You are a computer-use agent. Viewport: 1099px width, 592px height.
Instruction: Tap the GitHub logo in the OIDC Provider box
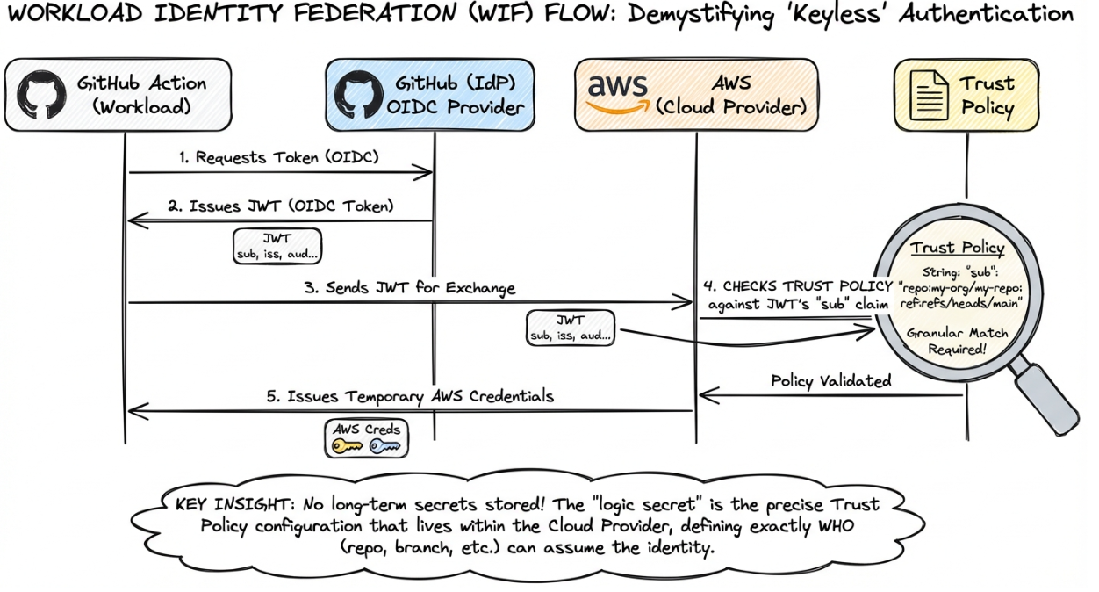point(360,95)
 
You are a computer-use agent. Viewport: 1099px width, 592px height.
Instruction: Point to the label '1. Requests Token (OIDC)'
point(281,158)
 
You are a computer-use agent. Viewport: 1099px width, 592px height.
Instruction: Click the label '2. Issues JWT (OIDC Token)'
point(280,207)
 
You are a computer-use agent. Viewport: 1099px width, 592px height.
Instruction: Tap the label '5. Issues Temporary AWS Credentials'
point(410,396)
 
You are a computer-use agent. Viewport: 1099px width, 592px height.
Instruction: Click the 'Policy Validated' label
point(830,381)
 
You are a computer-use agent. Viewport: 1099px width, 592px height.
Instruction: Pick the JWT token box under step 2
point(277,246)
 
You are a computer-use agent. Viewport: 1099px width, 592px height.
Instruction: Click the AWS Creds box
point(366,438)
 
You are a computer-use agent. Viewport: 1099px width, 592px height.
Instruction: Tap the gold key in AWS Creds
point(346,447)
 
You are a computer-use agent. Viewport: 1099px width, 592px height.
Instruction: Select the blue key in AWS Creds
point(384,447)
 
